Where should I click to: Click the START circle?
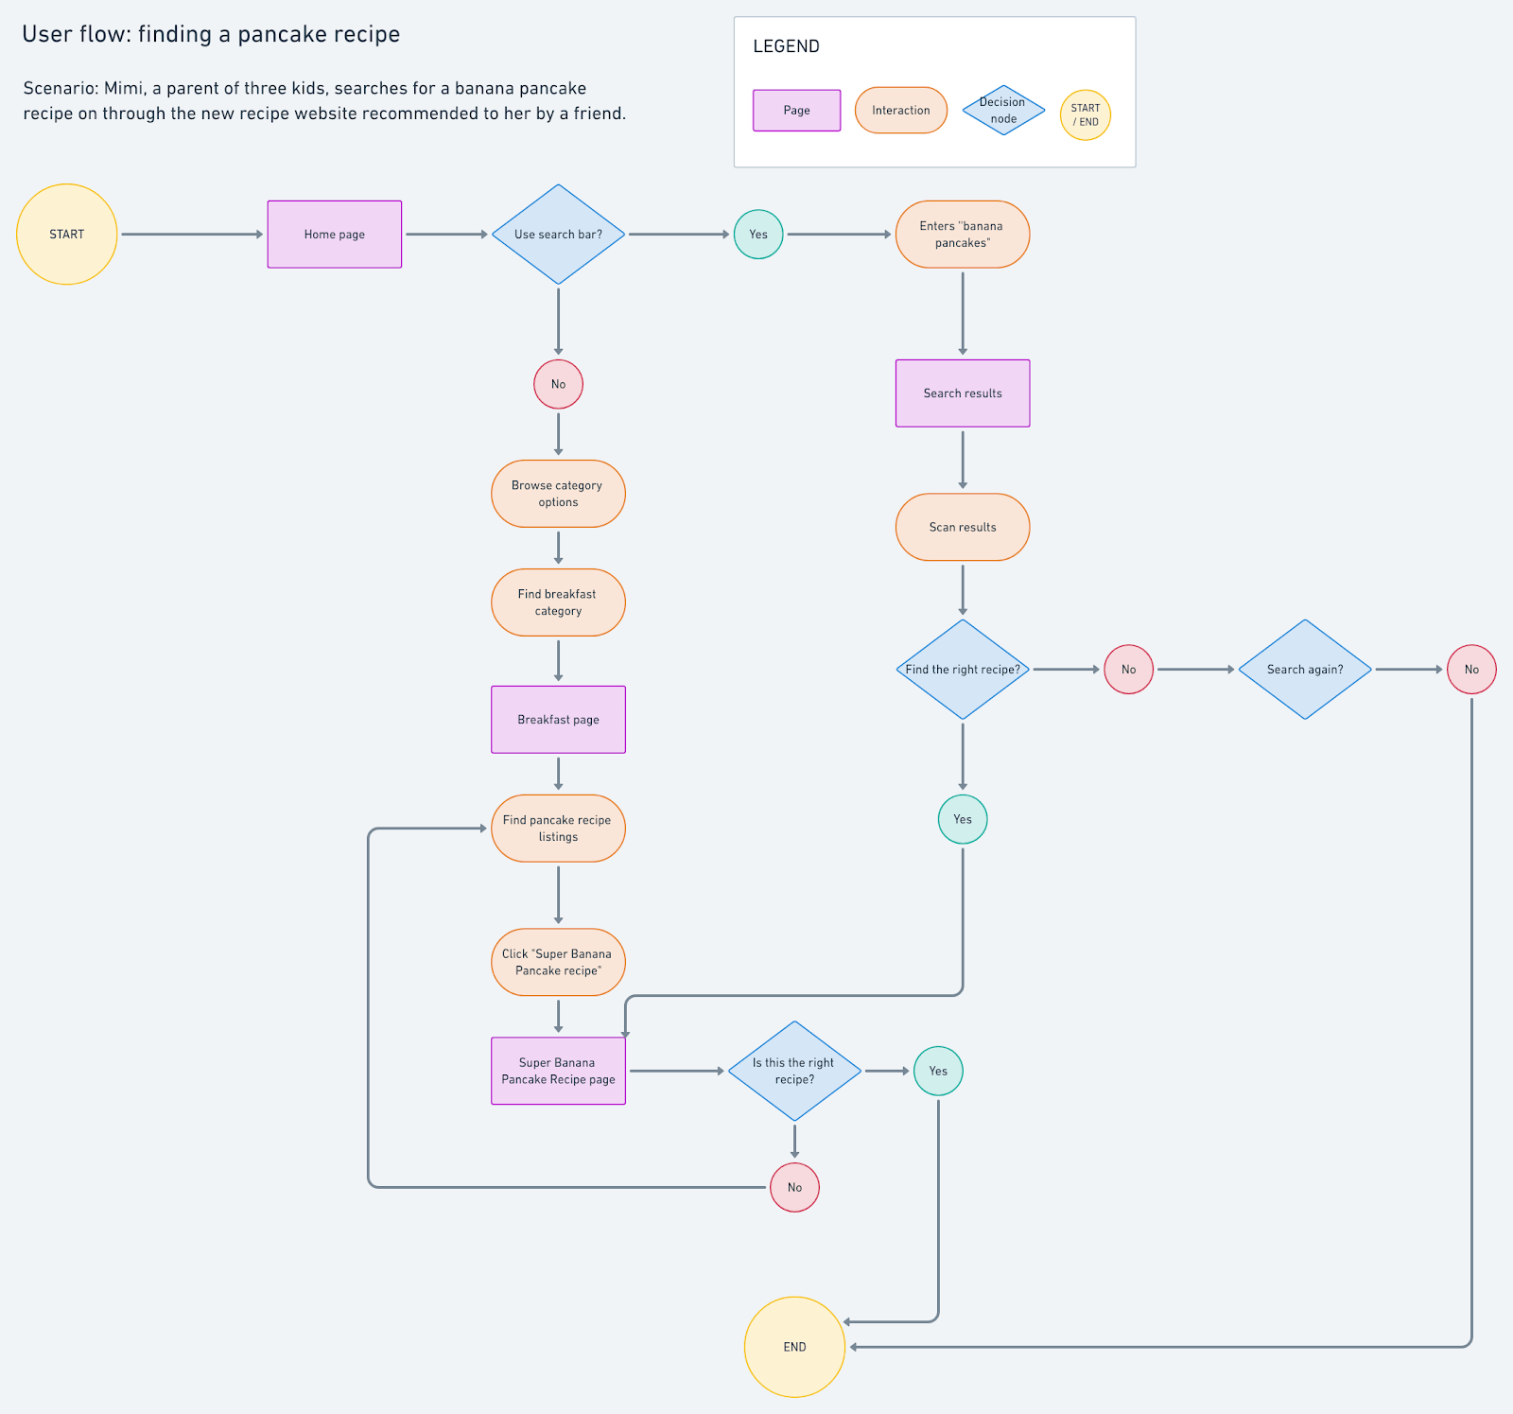click(x=66, y=234)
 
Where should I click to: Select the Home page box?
click(x=334, y=234)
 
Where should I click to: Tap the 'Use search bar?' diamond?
click(x=558, y=234)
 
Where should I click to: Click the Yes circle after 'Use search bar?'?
click(x=758, y=234)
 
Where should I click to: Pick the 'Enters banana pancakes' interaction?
click(x=962, y=234)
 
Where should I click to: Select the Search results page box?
click(x=962, y=393)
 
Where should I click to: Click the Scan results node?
click(x=962, y=527)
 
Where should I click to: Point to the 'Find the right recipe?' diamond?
click(x=962, y=669)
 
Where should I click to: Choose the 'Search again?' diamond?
click(x=1305, y=669)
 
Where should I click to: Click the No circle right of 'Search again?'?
click(x=1471, y=669)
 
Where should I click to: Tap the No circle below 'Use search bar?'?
click(x=558, y=384)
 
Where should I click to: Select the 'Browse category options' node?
click(x=558, y=494)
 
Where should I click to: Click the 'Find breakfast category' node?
click(x=558, y=602)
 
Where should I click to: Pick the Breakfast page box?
click(x=558, y=719)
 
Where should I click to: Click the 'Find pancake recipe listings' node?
click(x=558, y=828)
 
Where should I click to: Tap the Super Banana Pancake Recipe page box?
click(x=558, y=1071)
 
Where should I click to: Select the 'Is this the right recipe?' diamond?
click(x=794, y=1071)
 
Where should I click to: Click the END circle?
click(x=794, y=1346)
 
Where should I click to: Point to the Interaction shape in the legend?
click(x=900, y=110)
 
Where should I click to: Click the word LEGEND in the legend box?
click(x=786, y=46)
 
